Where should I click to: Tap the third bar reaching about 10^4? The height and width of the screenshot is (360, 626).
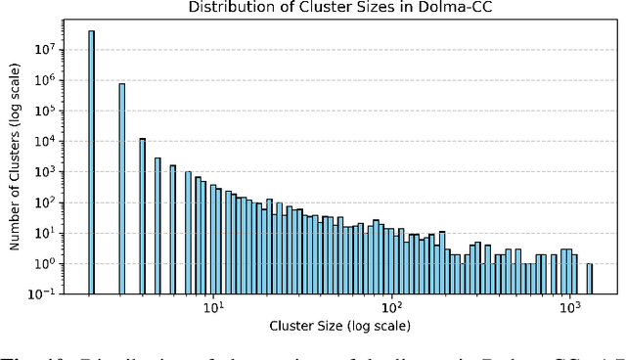pyautogui.click(x=143, y=215)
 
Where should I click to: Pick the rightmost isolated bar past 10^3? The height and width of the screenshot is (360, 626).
pyautogui.click(x=590, y=279)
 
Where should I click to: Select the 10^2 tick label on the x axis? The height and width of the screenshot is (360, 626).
pyautogui.click(x=391, y=308)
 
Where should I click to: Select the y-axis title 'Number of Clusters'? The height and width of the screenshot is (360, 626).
pyautogui.click(x=17, y=166)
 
